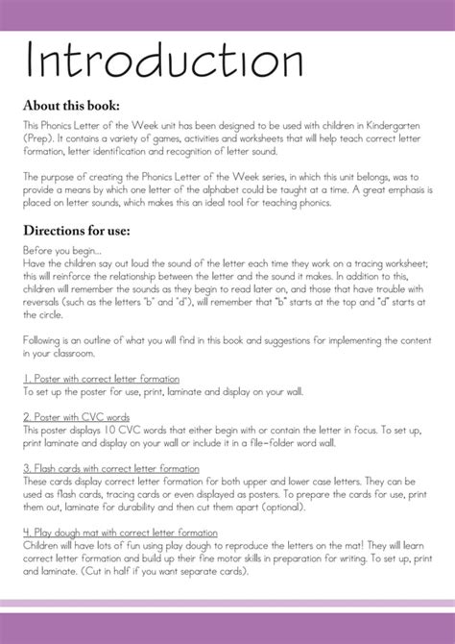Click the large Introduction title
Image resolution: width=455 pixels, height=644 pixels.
(x=164, y=61)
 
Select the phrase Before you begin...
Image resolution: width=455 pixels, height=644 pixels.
(x=60, y=250)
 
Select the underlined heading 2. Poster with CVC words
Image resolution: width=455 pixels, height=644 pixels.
(x=78, y=417)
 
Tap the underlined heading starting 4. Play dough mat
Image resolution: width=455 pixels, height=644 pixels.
(x=120, y=533)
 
